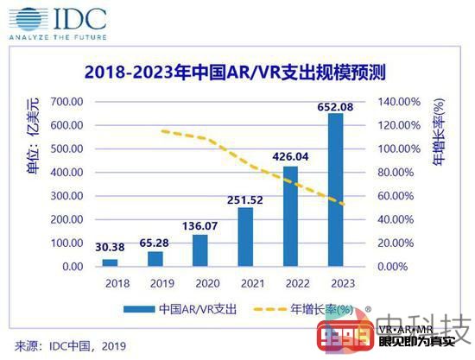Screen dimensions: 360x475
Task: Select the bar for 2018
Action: [110, 262]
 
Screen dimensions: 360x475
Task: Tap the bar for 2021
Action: [245, 237]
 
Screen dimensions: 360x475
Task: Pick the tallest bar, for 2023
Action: [335, 190]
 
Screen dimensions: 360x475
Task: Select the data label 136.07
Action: [199, 225]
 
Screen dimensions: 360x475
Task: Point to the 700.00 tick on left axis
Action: [65, 102]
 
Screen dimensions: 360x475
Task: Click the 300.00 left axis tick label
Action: [65, 196]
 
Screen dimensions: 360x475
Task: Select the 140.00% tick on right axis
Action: [382, 102]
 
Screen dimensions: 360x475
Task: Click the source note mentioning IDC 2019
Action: [69, 345]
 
